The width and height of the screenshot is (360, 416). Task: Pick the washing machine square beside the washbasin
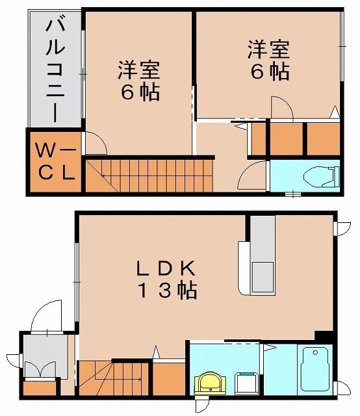(245, 382)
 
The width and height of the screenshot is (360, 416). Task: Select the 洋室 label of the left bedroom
(138, 68)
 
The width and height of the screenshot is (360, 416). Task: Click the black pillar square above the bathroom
(321, 335)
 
